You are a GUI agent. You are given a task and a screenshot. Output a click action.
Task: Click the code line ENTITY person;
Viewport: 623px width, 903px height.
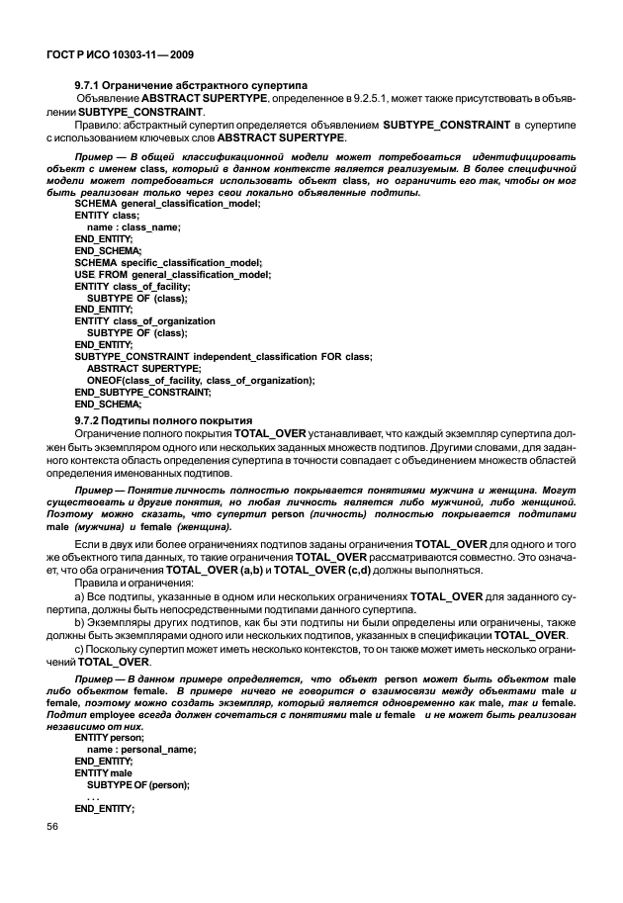(109, 738)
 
